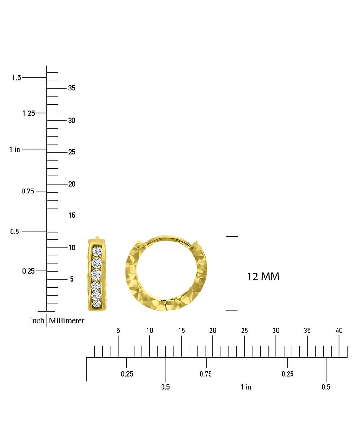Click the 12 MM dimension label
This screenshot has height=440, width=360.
[263, 277]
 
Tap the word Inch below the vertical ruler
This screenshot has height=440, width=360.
[37, 320]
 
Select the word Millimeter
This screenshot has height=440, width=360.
[67, 320]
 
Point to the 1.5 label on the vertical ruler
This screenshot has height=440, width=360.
[17, 77]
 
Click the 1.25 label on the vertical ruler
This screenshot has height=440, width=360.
[29, 113]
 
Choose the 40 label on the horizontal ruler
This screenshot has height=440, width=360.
[339, 331]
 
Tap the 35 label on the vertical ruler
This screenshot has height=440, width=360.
[72, 88]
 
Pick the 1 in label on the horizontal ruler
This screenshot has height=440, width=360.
[246, 387]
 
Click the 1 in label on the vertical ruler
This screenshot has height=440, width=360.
[15, 149]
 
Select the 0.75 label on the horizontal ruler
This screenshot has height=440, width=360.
[206, 374]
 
